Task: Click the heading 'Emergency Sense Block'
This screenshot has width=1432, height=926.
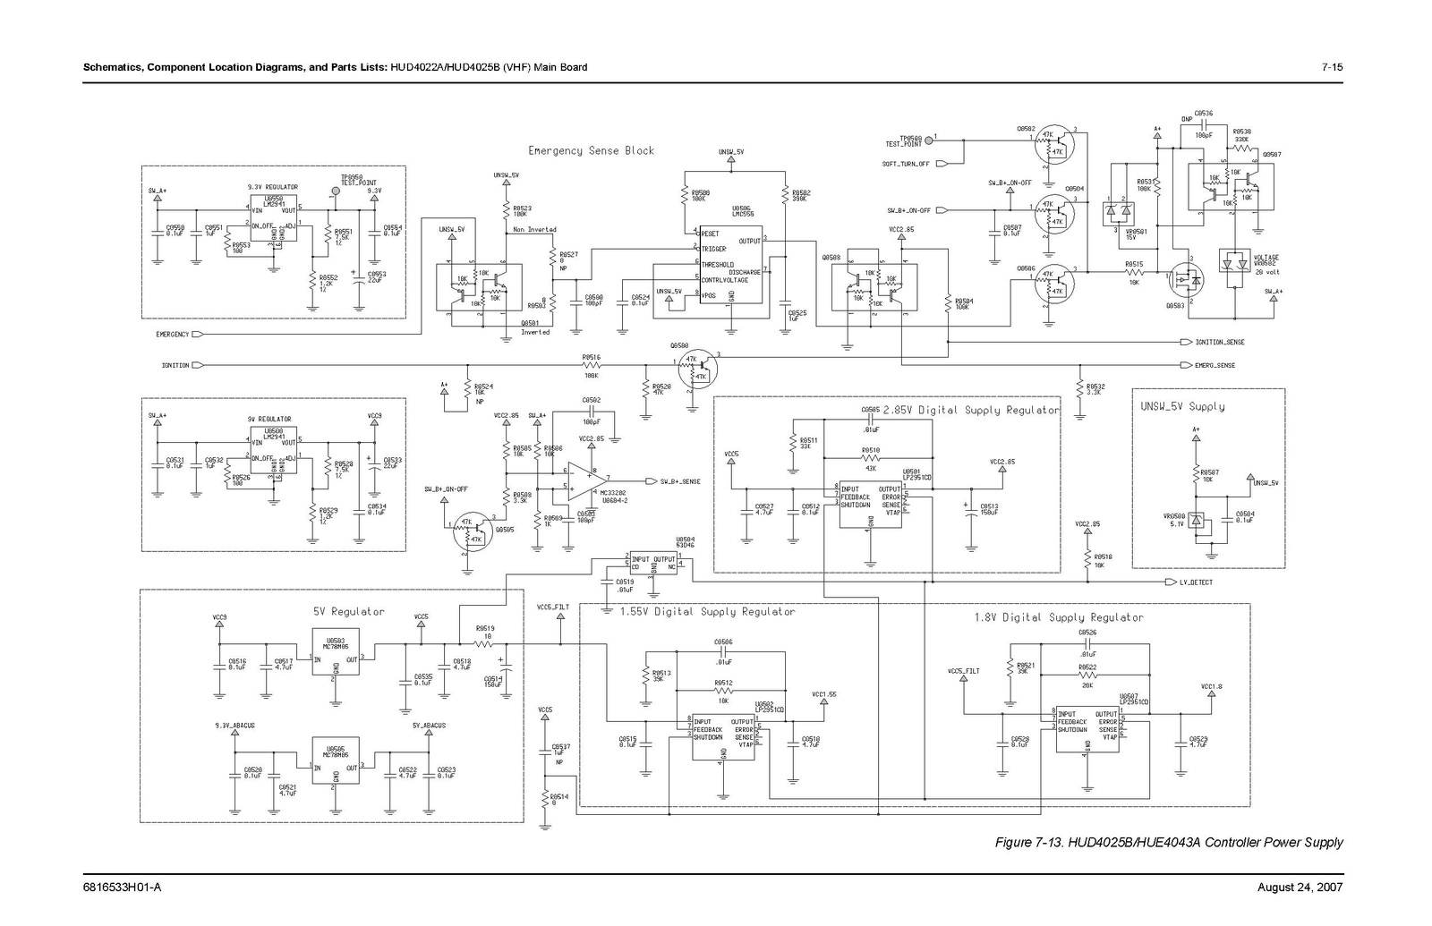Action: tap(591, 150)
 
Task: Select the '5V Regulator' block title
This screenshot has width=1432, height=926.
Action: tap(348, 612)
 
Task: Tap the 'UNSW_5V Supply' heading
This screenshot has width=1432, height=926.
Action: tap(1182, 406)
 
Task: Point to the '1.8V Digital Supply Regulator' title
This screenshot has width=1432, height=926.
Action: tap(1058, 617)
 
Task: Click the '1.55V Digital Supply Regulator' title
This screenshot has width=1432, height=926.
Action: tap(707, 612)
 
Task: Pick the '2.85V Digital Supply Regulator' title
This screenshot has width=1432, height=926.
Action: tap(971, 411)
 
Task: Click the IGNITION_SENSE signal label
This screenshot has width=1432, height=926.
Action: tap(1219, 342)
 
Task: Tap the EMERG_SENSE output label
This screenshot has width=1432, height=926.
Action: tap(1215, 365)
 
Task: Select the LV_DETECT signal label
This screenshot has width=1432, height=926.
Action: tap(1196, 582)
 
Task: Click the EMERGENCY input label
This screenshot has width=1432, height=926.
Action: tap(173, 335)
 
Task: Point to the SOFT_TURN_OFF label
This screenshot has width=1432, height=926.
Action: tap(906, 164)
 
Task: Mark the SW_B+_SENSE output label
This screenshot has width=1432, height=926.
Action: tap(680, 481)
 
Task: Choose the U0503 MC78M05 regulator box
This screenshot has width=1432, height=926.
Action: tap(336, 658)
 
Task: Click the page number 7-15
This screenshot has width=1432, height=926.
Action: tap(1333, 67)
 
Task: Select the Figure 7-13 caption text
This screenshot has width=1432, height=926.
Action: tap(1169, 842)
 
